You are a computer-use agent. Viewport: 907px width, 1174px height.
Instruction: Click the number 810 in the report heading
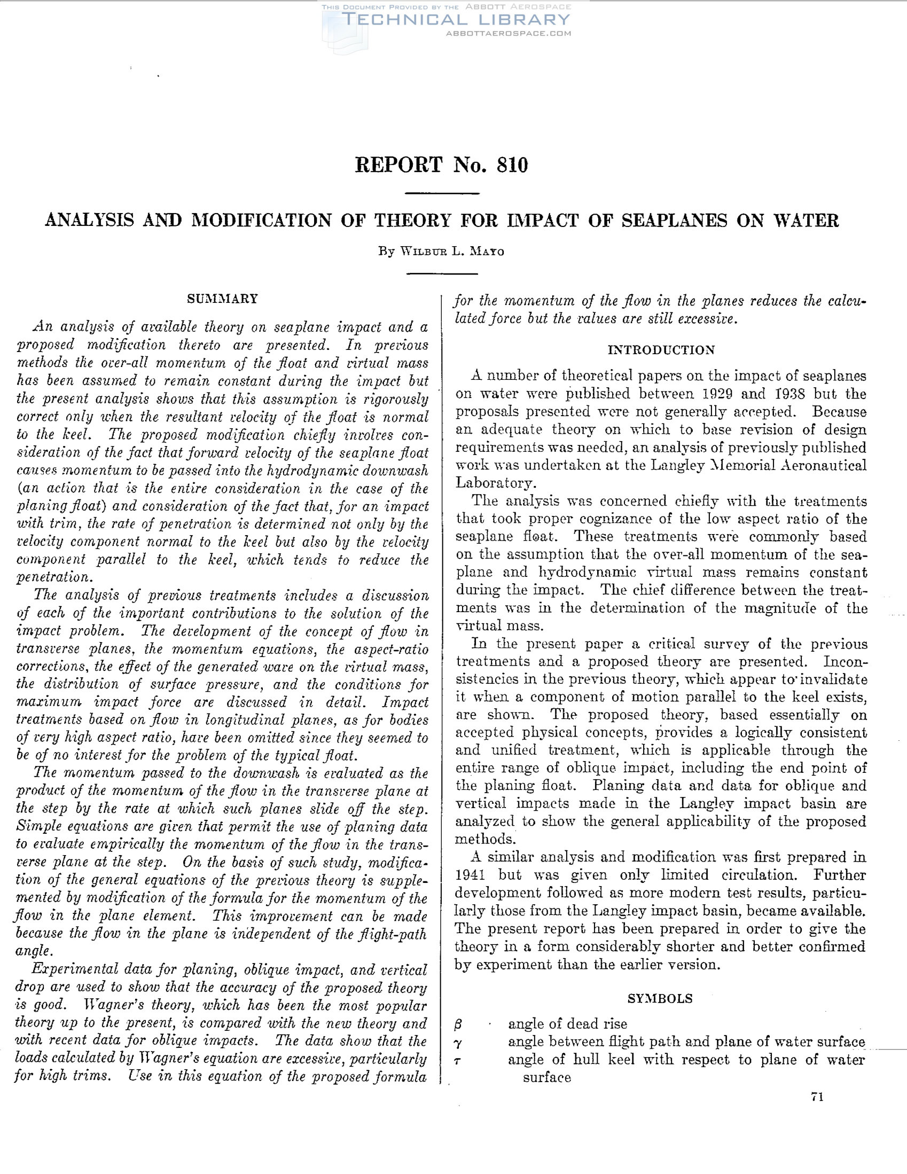tap(512, 165)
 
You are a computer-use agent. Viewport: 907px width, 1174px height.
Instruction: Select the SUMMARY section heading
tap(222, 299)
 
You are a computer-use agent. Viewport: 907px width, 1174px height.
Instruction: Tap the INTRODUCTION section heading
tap(661, 350)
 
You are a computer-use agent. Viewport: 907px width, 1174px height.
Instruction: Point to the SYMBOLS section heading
tap(660, 999)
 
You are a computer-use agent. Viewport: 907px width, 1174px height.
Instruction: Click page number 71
tap(817, 1098)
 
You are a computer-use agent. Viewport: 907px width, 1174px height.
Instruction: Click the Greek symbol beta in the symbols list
tap(459, 1024)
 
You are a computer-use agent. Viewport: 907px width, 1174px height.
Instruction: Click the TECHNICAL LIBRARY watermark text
tap(456, 20)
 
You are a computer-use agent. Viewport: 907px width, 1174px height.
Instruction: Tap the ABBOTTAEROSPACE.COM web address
tap(508, 33)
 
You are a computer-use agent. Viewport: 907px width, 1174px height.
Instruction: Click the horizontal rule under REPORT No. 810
tap(441, 193)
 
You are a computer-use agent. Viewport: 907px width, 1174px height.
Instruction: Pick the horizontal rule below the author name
tap(441, 274)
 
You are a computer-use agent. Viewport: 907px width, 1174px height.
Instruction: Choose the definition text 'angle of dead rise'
tap(567, 1024)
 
